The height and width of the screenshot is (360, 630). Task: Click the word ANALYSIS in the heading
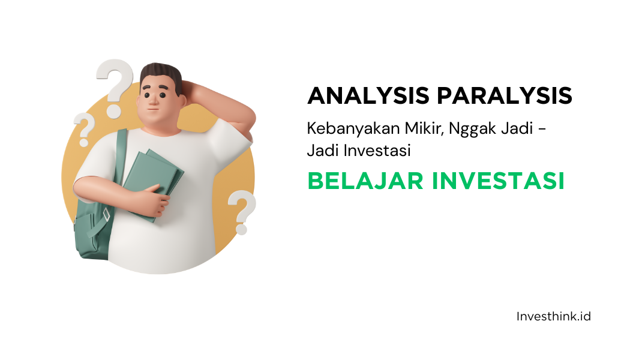[368, 95]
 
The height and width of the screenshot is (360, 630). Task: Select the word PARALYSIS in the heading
[505, 95]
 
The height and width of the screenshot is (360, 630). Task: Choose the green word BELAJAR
[365, 181]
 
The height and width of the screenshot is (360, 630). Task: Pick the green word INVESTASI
[498, 181]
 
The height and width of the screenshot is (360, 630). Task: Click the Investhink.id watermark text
[554, 317]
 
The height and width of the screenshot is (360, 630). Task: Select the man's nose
[153, 102]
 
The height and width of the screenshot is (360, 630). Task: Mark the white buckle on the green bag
[106, 215]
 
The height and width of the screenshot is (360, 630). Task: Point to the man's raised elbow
[248, 121]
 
